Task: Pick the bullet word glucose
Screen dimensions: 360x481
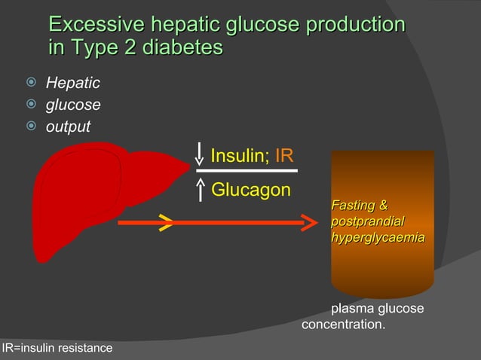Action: [x=73, y=105]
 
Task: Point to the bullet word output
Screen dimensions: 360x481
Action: [x=68, y=127]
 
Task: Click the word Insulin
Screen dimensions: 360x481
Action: [x=235, y=157]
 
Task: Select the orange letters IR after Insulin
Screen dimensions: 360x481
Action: [x=284, y=157]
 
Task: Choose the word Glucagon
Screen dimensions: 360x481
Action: [x=251, y=191]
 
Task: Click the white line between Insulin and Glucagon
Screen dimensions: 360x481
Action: [x=247, y=171]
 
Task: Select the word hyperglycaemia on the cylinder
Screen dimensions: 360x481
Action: [x=377, y=237]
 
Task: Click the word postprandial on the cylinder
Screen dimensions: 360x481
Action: [x=367, y=221]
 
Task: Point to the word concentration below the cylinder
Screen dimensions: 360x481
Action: [x=343, y=325]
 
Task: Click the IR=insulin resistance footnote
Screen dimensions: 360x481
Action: [x=57, y=348]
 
